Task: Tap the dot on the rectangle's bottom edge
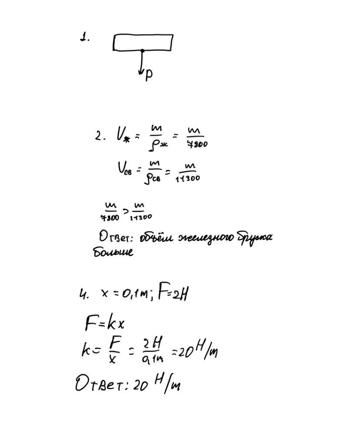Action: (x=142, y=51)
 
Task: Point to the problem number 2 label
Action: (x=100, y=136)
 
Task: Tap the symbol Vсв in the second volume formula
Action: (x=124, y=168)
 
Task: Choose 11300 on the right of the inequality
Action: (x=141, y=217)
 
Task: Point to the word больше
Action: (x=113, y=252)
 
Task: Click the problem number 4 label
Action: (x=84, y=295)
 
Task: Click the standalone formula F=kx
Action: (x=105, y=323)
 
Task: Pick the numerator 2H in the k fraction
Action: (x=152, y=344)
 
